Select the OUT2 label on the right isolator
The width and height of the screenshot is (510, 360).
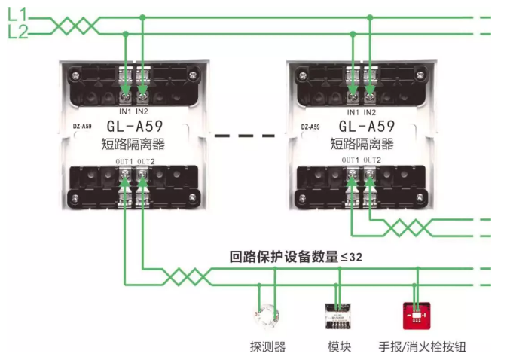(x=371, y=161)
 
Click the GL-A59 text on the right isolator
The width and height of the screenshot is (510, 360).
(x=367, y=127)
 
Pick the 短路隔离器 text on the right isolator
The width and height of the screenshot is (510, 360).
(x=367, y=144)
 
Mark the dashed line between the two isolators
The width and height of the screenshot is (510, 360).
(x=245, y=136)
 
